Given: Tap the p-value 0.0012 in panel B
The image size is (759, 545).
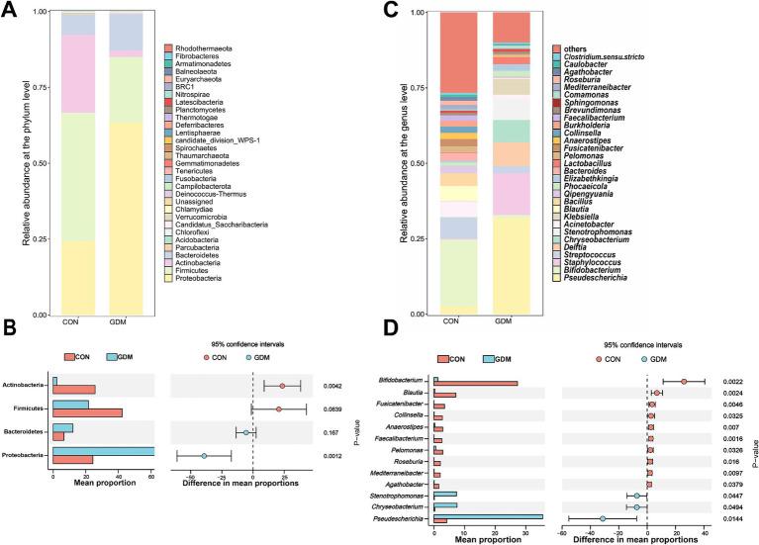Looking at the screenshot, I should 334,456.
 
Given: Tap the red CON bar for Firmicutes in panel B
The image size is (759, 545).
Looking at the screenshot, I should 87,412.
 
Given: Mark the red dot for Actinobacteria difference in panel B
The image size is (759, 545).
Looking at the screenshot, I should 282,386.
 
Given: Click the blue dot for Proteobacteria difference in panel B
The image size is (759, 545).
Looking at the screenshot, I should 205,456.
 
